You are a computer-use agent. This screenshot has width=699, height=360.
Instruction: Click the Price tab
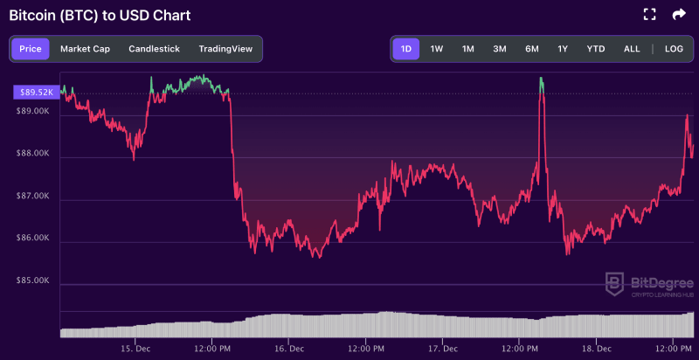[x=30, y=49]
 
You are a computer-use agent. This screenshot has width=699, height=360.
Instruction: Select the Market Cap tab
[x=85, y=49]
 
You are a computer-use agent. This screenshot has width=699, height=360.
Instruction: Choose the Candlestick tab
[x=154, y=49]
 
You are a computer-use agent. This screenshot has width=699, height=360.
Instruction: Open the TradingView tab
[x=225, y=49]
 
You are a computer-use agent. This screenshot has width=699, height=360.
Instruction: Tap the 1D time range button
[x=405, y=49]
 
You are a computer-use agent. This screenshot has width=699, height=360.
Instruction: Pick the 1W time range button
[x=437, y=49]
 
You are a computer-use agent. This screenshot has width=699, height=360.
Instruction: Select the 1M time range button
[x=468, y=49]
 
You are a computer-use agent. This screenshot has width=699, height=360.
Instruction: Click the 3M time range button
[x=500, y=49]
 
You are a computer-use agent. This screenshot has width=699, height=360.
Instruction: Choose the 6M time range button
[x=531, y=49]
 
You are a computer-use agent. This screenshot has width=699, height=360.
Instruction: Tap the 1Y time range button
[x=563, y=49]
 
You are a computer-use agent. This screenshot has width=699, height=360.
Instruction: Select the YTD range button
[x=596, y=49]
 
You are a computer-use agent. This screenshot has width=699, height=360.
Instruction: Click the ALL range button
[x=632, y=49]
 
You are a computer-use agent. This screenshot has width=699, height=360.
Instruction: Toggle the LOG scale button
[x=674, y=49]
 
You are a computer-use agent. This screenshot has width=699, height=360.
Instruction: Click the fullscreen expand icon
[x=649, y=14]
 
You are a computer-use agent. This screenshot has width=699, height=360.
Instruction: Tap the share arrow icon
[x=679, y=14]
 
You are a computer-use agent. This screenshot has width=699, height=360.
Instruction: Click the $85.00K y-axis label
[x=33, y=280]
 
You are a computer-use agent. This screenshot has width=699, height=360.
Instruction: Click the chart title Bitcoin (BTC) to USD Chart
[x=100, y=16]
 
